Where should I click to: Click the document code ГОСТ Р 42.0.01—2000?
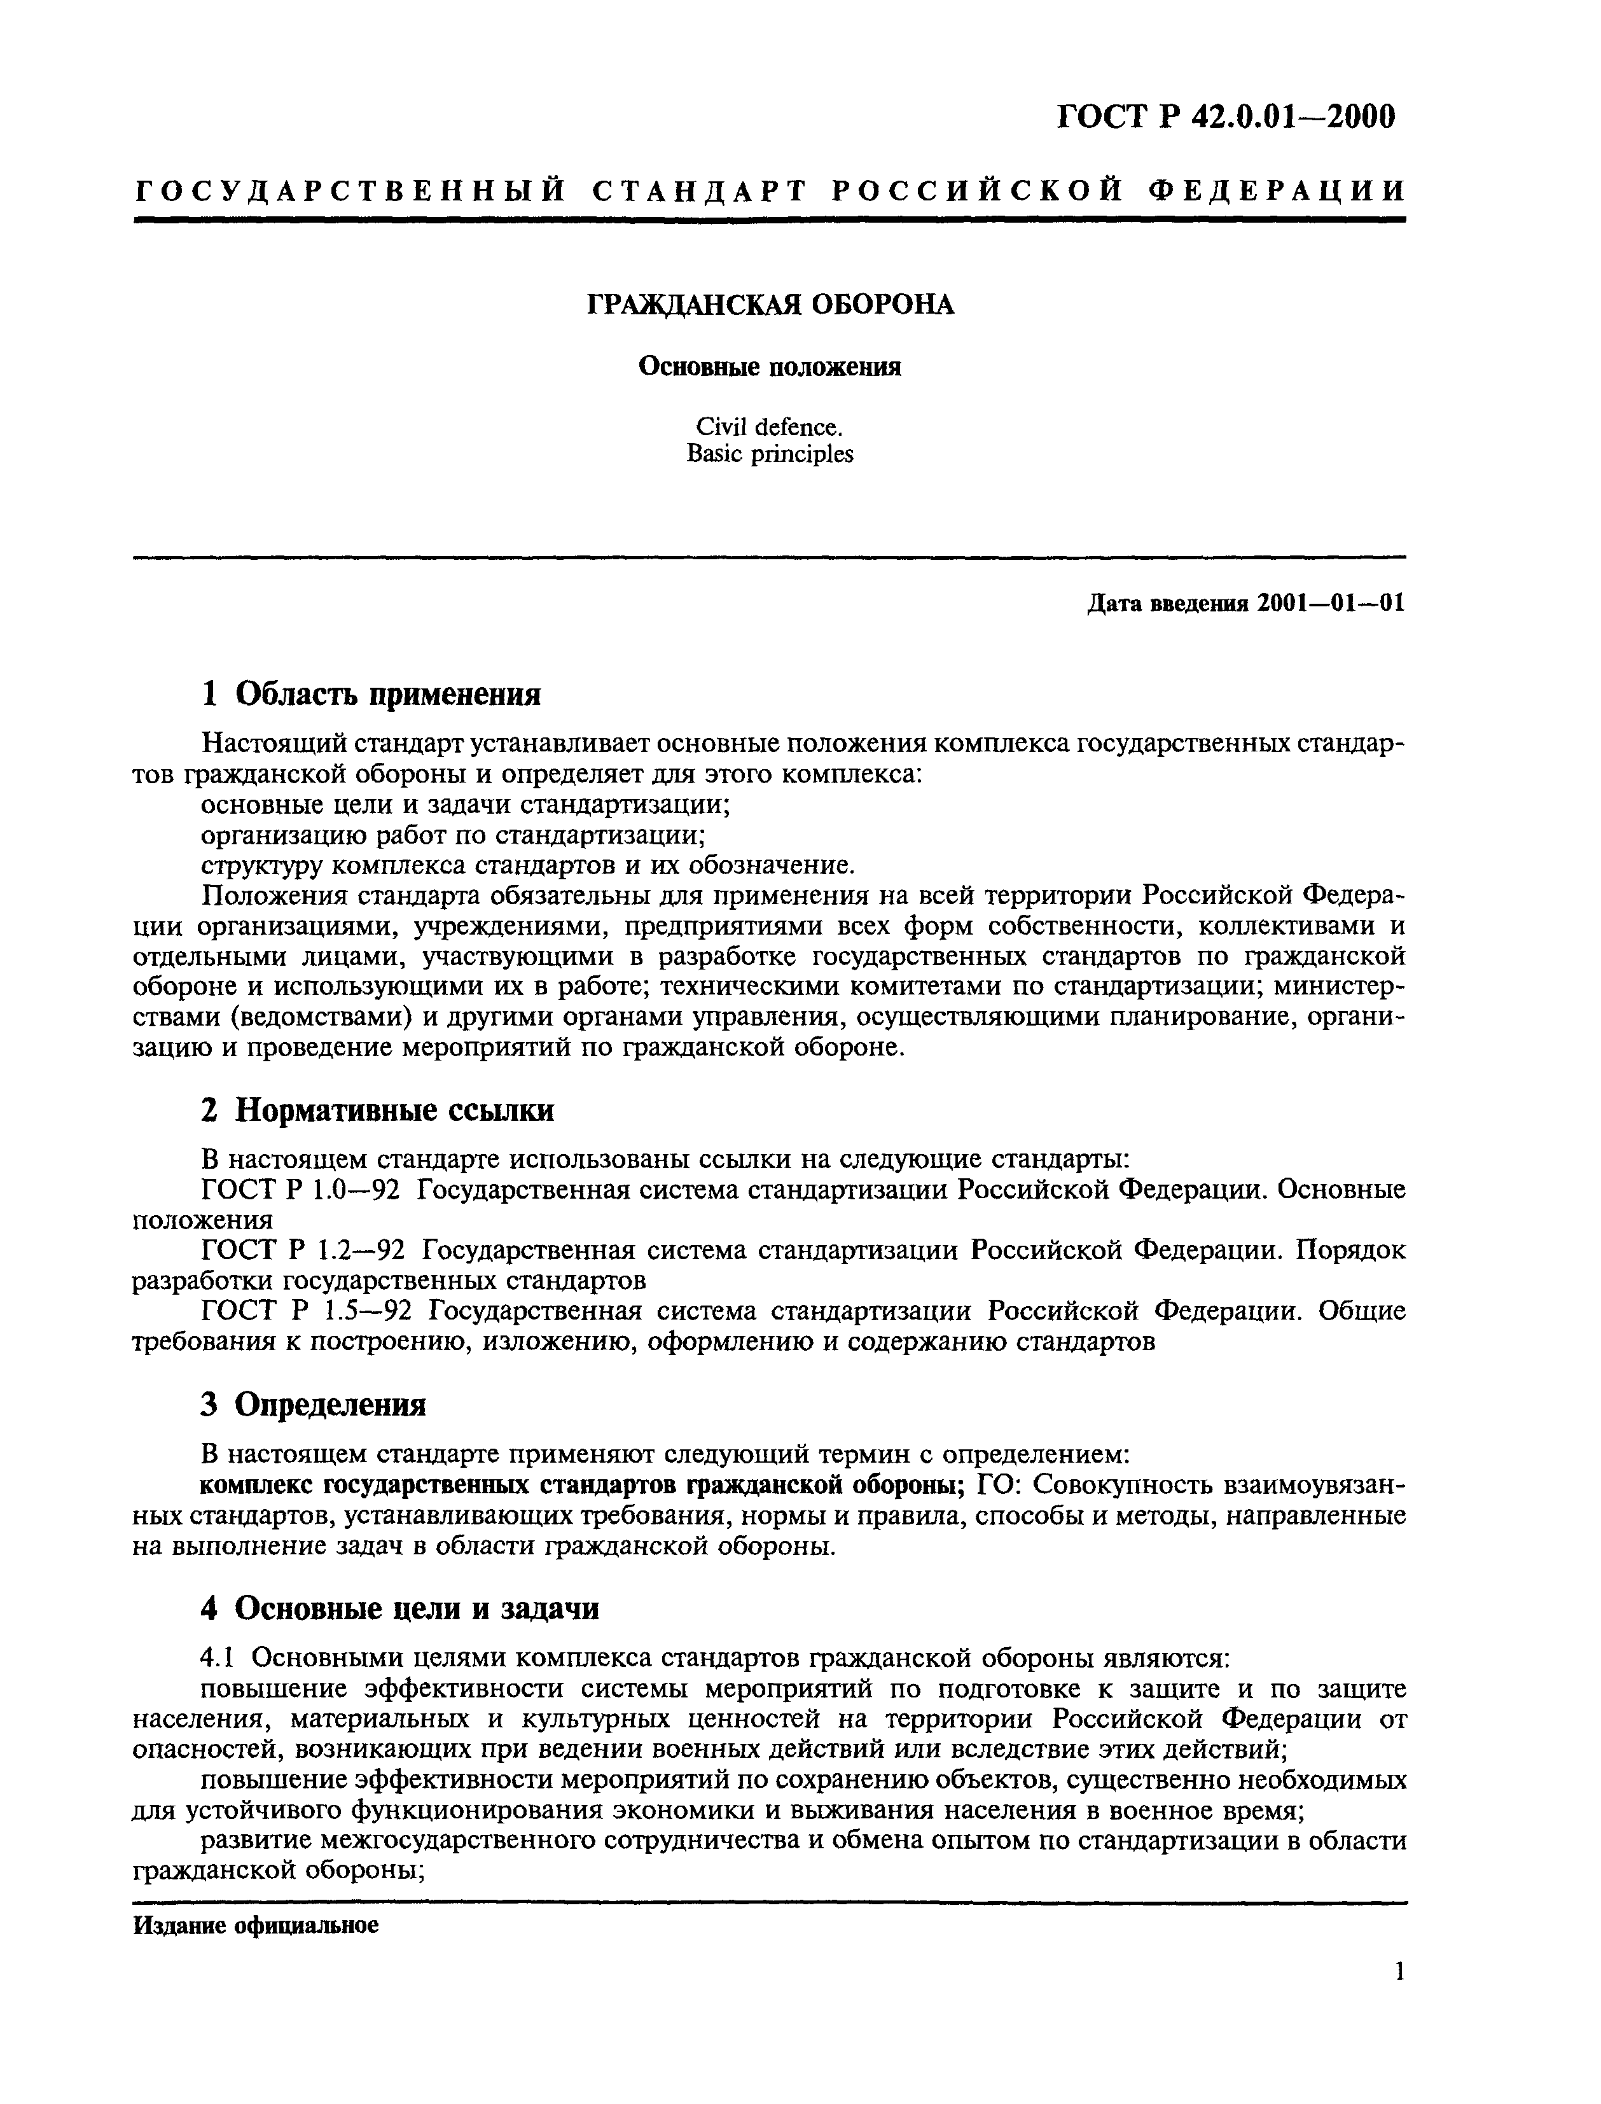(x=1226, y=116)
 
